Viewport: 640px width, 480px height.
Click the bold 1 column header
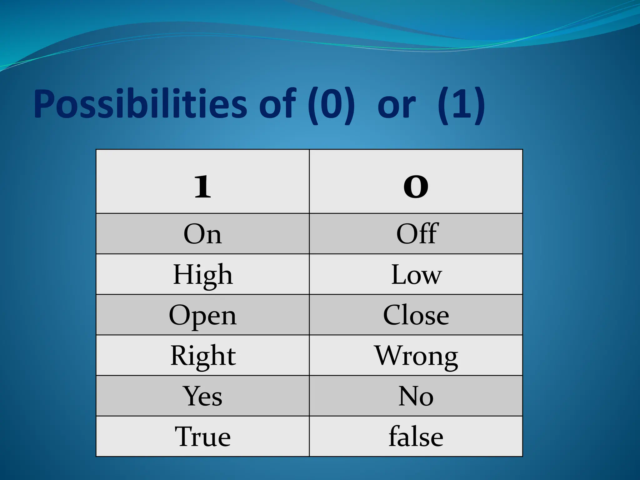(202, 187)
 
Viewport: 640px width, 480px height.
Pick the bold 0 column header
(416, 187)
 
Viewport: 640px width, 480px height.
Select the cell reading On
(202, 234)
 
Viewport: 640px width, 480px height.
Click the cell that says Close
(416, 315)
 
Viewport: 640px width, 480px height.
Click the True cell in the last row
(202, 437)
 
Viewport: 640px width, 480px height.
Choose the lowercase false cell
(416, 437)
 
